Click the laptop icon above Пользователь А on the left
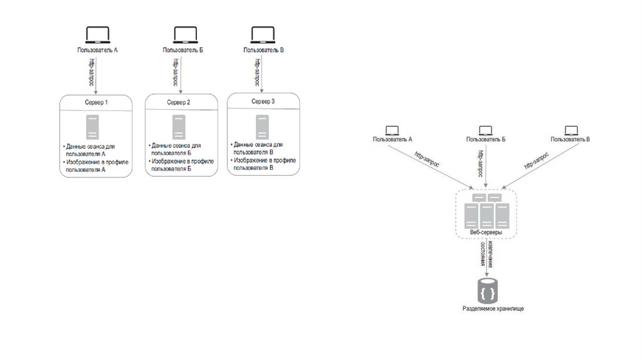pos(97,34)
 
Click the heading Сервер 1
pos(97,102)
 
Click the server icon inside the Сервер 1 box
pos(93,127)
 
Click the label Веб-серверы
pos(486,232)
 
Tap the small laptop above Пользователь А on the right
pos(392,130)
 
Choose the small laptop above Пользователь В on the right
pos(571,130)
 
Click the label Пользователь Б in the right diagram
pos(486,139)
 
